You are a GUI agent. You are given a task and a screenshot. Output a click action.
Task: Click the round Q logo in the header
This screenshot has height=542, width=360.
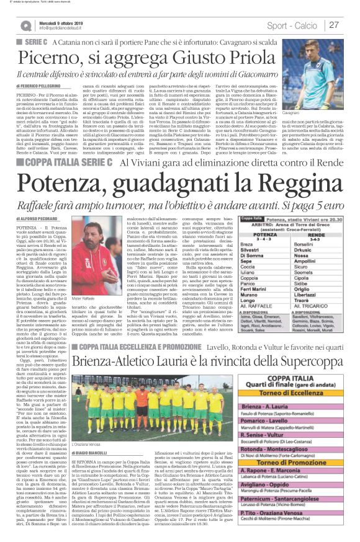tap(25, 25)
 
